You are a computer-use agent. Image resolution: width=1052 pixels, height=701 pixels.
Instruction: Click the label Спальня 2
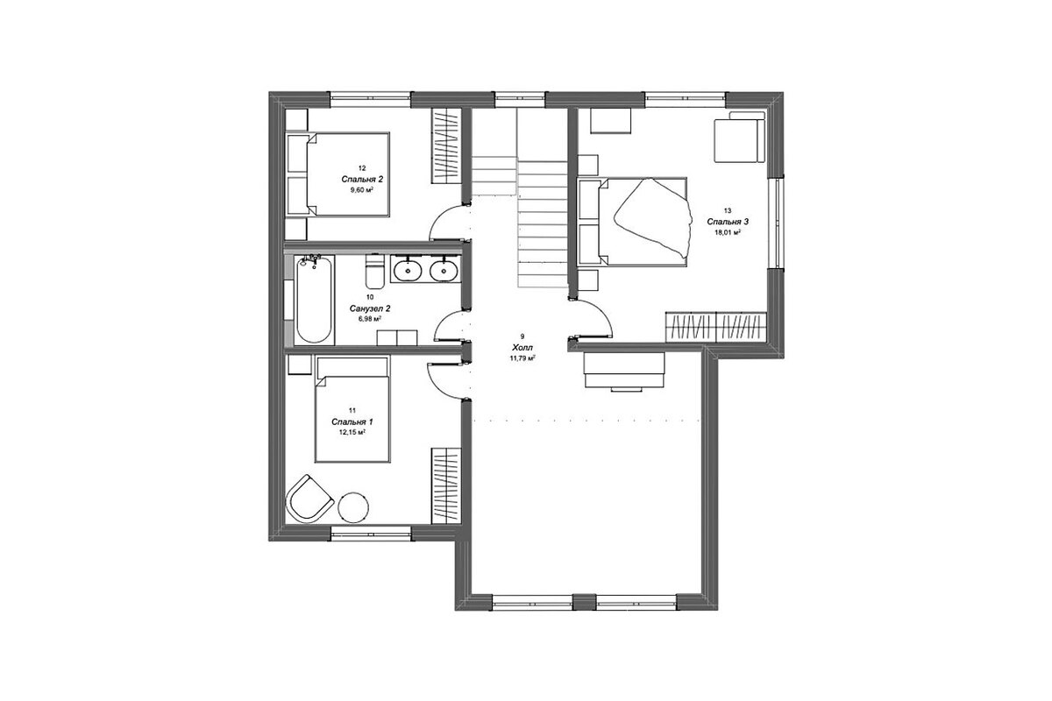(x=362, y=180)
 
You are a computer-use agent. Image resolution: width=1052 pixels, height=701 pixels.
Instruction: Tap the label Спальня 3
(x=728, y=222)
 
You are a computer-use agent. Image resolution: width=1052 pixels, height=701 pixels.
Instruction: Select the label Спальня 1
(x=352, y=421)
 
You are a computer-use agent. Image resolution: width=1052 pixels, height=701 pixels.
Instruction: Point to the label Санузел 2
(x=370, y=308)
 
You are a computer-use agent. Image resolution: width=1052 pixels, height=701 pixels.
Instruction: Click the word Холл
(x=522, y=348)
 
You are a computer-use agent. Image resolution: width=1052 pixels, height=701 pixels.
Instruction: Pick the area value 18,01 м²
(x=728, y=232)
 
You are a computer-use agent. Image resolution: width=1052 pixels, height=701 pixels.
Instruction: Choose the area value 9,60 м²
(x=362, y=190)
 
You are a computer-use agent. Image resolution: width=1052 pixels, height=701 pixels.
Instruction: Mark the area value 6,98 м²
(x=370, y=319)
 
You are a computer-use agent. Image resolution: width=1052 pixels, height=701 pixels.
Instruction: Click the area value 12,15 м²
(x=352, y=433)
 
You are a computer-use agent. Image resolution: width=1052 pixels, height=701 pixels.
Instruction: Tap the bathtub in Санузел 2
(x=314, y=300)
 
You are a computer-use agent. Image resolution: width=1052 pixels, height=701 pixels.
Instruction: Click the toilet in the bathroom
(x=374, y=272)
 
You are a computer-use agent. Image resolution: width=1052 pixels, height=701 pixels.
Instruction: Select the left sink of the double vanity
(x=407, y=270)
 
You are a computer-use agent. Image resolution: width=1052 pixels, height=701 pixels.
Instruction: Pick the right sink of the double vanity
(x=444, y=270)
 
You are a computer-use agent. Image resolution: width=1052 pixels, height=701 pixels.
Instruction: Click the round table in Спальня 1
(x=353, y=507)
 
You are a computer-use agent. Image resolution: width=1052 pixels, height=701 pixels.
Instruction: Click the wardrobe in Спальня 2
(x=446, y=146)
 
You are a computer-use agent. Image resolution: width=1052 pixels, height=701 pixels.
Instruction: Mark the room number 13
(x=728, y=211)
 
